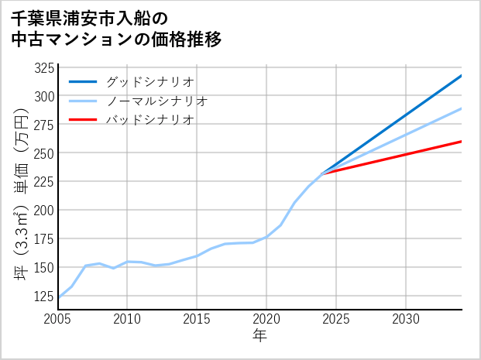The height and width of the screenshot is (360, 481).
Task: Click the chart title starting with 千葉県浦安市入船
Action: coord(116,29)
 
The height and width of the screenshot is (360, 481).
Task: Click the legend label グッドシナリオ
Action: coord(149,81)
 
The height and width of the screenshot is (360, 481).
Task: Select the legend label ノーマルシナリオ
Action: coord(156,101)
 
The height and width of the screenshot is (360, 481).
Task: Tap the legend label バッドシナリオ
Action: coord(149,120)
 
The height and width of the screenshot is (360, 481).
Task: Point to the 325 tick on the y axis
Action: coord(46,67)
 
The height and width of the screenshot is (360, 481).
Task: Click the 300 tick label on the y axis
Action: coord(46,96)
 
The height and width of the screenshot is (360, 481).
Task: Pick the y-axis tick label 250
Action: coord(46,153)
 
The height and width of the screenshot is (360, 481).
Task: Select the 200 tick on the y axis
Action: coord(46,210)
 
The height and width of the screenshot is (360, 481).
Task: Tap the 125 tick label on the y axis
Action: coord(46,296)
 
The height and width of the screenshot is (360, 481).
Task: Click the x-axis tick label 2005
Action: coord(58,319)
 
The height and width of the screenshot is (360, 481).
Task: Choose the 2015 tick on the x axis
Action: coord(197,319)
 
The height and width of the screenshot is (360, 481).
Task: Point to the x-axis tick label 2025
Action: coord(336,319)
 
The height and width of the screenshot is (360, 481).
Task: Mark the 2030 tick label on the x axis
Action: coord(406,319)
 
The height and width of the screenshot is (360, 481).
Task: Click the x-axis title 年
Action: coord(259,336)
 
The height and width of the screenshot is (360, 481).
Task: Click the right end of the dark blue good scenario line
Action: coord(462,76)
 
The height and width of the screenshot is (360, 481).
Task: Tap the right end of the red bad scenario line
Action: coord(462,141)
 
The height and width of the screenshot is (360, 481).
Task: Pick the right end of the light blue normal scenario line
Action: coord(462,108)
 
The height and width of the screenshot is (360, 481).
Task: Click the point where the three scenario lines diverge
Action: coord(322,174)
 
